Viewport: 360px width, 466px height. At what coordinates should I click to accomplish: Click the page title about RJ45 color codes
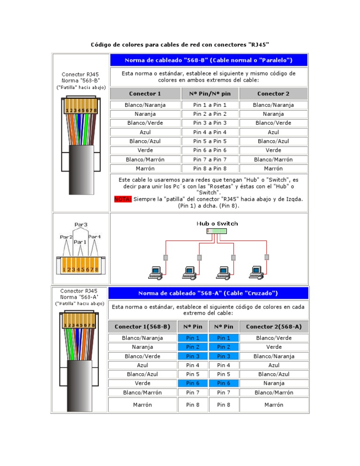pos(180,45)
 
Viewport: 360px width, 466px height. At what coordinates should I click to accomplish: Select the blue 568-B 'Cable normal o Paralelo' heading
pos(209,60)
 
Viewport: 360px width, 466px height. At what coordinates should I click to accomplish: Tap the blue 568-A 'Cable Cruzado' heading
pos(208,293)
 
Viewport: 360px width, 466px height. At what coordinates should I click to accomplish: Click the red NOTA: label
pos(123,199)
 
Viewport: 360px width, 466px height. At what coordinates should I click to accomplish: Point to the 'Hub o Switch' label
pos(217,224)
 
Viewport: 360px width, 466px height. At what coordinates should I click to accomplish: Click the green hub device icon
pos(217,231)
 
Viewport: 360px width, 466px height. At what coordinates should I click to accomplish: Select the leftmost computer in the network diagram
pos(155,272)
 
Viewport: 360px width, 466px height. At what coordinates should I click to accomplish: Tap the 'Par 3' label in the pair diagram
pos(81,225)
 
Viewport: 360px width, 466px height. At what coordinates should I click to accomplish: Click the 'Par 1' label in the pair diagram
pos(80,242)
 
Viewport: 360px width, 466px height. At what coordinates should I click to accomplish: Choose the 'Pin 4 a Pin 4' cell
pos(210,132)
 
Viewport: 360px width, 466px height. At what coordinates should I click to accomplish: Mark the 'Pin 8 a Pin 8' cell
pos(210,168)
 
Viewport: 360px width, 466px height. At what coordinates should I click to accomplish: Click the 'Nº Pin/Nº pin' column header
pos(210,93)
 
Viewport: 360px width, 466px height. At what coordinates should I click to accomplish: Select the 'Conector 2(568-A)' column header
pos(274,326)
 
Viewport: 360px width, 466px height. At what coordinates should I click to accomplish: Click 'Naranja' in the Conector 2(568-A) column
pos(274,383)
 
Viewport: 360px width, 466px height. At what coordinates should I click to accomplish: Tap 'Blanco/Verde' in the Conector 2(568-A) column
pos(274,338)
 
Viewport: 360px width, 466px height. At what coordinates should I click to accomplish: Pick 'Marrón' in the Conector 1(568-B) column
pos(142,404)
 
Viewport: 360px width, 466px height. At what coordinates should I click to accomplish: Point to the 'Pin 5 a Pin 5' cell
pos(210,141)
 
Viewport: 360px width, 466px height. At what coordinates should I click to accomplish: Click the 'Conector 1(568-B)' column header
pos(142,326)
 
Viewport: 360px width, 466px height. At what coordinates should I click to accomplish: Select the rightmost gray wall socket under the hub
pos(267,257)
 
